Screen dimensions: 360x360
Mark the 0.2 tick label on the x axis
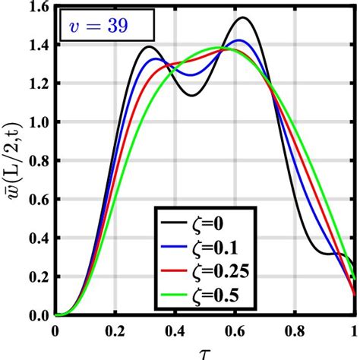click(x=115, y=332)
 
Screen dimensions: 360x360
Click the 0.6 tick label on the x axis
click(x=235, y=332)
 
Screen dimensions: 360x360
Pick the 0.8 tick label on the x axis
click(x=295, y=332)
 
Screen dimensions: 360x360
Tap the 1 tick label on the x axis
click(x=354, y=332)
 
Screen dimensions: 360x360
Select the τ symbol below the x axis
click(x=206, y=351)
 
